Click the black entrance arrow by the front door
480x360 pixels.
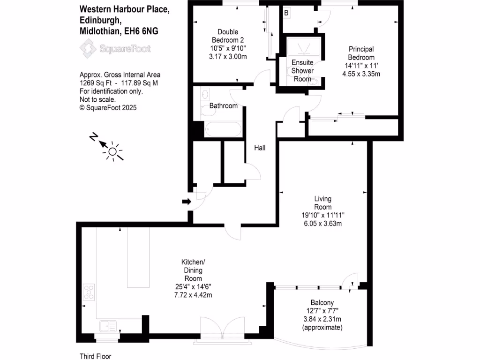coord(187,202)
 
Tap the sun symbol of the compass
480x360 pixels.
coord(112,151)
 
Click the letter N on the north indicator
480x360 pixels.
coord(94,137)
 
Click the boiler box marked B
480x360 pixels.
coord(286,13)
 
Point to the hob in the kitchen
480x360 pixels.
coord(89,292)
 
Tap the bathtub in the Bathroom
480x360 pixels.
coord(223,129)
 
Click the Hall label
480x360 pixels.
coord(260,148)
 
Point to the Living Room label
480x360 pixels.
coord(322,203)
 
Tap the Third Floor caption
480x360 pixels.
coord(96,356)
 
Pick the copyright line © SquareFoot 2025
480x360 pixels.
coord(108,107)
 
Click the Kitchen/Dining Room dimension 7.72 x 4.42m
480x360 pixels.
coord(193,294)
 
